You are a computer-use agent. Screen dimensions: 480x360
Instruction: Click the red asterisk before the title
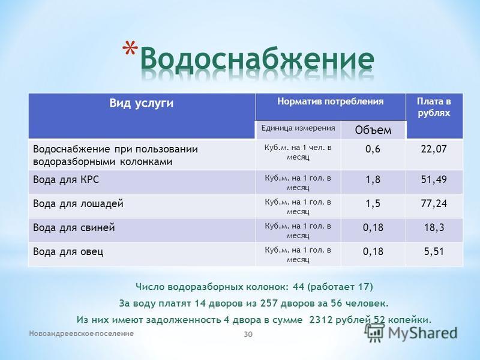coord(130,48)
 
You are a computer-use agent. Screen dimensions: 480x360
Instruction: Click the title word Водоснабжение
coord(257,59)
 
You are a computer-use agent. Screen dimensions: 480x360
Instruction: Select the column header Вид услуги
coord(142,103)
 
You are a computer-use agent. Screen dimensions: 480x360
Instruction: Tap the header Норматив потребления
coord(331,101)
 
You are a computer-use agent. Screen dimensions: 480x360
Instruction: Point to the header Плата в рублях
coord(434,107)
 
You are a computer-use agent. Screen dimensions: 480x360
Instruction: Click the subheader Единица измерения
coord(298,128)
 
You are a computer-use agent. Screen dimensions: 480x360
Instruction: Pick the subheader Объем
coord(373,130)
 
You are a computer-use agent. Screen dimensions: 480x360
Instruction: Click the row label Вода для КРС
coord(66,179)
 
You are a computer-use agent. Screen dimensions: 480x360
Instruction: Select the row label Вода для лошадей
coord(78,203)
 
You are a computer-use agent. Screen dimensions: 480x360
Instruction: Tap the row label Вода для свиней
coord(74,228)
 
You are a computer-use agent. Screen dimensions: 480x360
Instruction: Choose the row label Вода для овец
coord(68,252)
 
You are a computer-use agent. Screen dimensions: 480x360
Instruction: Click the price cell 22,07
coord(434,149)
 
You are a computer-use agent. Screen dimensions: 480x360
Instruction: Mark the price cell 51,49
coord(434,179)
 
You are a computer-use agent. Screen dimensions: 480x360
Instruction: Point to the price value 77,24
coord(434,203)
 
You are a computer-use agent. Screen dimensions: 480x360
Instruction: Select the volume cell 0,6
coord(373,149)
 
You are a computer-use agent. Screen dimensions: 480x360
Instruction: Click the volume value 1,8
coord(373,179)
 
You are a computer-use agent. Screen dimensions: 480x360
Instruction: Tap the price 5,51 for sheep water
coord(434,251)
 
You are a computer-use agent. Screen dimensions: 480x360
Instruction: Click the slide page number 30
coord(248,334)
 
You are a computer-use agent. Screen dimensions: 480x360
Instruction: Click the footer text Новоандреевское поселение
coord(82,334)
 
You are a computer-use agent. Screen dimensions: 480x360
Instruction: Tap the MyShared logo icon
coord(374,332)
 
